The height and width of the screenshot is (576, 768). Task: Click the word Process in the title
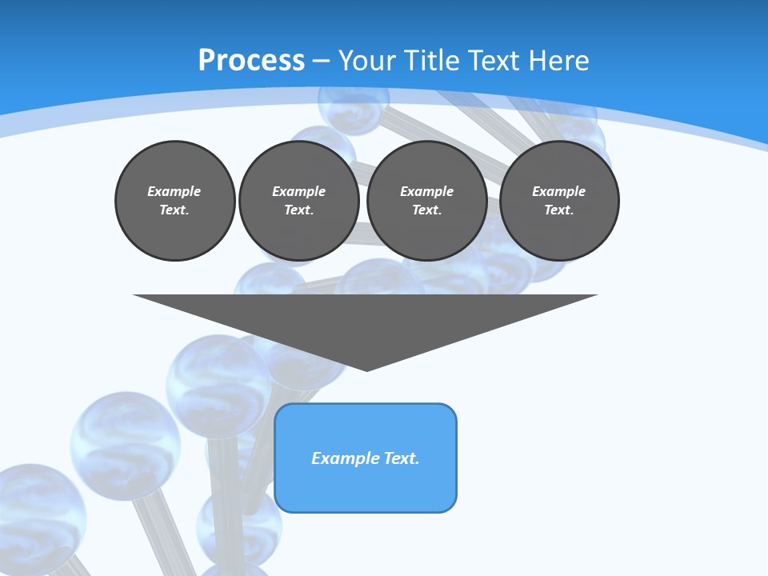pyautogui.click(x=251, y=61)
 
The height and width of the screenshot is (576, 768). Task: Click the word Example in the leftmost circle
pyautogui.click(x=174, y=191)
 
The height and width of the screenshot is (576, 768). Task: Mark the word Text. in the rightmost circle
pyautogui.click(x=559, y=210)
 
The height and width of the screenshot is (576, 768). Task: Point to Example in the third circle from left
pyautogui.click(x=427, y=191)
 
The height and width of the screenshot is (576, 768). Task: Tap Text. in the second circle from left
pyautogui.click(x=299, y=210)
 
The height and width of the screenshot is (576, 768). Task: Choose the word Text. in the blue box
pyautogui.click(x=402, y=458)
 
